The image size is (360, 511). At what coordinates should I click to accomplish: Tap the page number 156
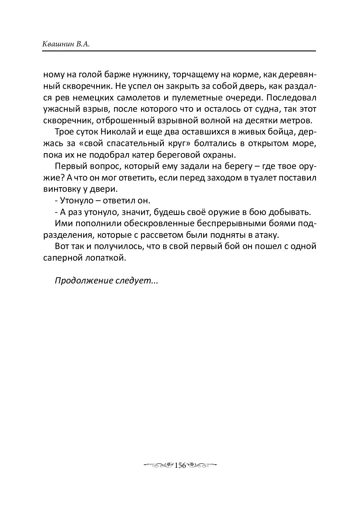(180, 465)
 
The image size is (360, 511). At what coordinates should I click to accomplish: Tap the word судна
(267, 109)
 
